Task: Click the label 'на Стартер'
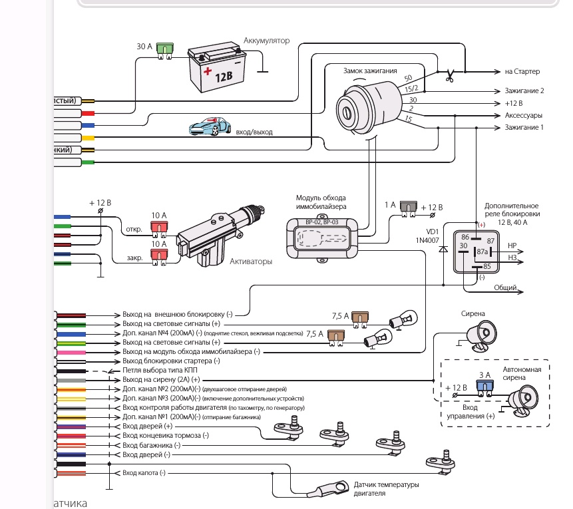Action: pyautogui.click(x=522, y=71)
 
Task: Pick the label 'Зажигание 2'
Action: pyautogui.click(x=524, y=90)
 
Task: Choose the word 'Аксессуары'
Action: pyautogui.click(x=523, y=115)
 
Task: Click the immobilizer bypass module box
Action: pyautogui.click(x=324, y=238)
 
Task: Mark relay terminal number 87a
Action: pyautogui.click(x=482, y=252)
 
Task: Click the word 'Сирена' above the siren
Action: pyautogui.click(x=473, y=313)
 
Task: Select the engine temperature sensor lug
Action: pyautogui.click(x=325, y=492)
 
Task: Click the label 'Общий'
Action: pyautogui.click(x=504, y=287)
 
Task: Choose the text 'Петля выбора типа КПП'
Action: pyautogui.click(x=160, y=370)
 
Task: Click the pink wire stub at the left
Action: pyautogui.click(x=71, y=351)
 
